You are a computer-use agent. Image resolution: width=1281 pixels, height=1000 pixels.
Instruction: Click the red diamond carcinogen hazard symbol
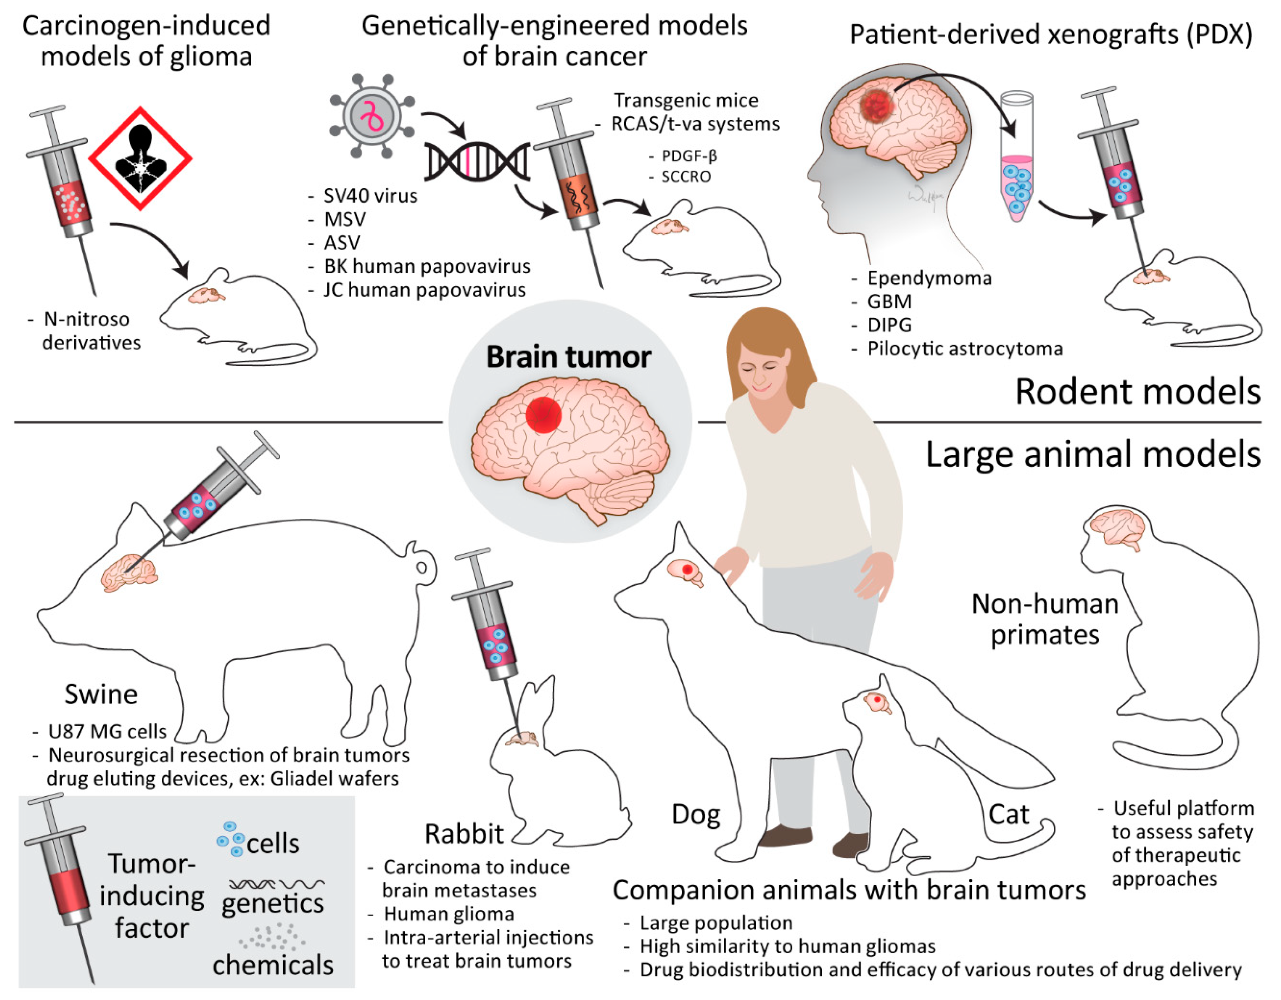point(140,158)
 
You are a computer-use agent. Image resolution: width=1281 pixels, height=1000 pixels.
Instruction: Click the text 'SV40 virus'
point(370,196)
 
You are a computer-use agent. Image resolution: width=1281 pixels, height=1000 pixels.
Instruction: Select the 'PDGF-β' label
point(689,156)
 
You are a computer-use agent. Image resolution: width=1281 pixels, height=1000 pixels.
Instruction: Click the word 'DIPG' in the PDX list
point(889,325)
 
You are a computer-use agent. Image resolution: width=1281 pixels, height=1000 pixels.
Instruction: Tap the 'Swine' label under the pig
point(101,695)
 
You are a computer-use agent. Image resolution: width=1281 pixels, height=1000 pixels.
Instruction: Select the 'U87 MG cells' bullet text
point(107,732)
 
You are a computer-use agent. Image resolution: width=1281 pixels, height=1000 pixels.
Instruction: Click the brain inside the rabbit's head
point(523,739)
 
